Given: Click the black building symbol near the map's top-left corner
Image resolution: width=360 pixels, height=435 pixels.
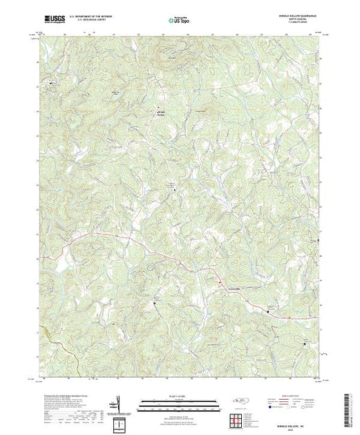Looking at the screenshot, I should [x=49, y=84].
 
